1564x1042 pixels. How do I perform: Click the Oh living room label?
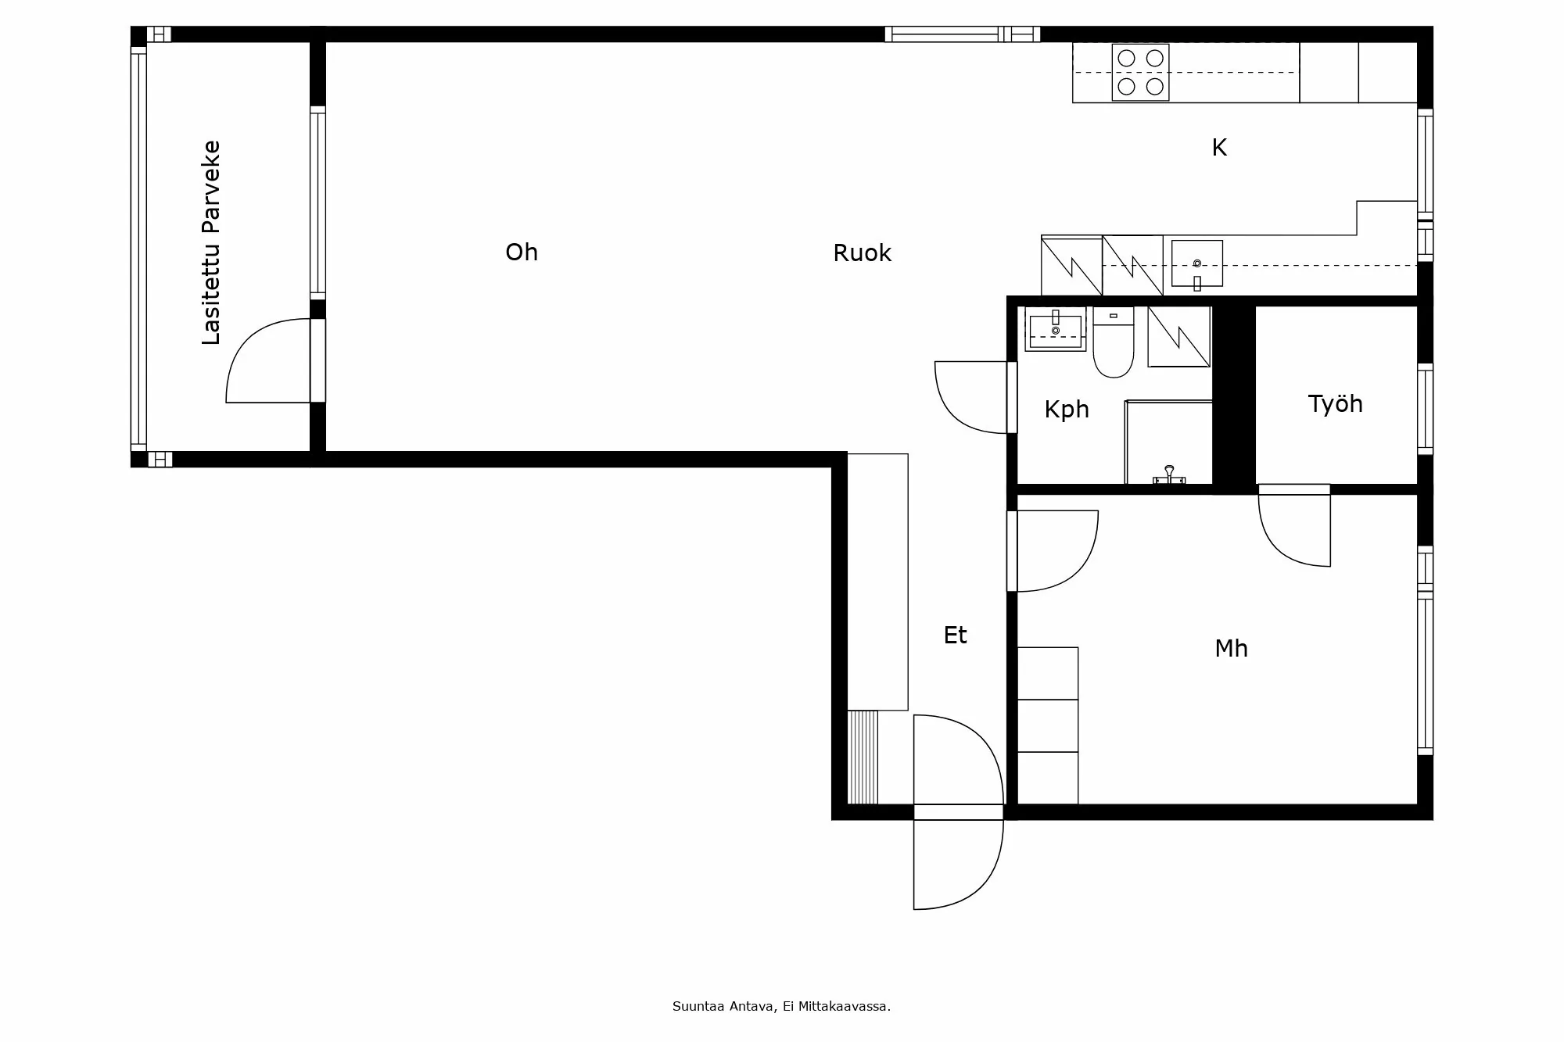(522, 252)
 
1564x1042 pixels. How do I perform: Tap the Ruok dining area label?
(862, 253)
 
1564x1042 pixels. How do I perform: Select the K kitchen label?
(1219, 148)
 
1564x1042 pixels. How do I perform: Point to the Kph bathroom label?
(1067, 410)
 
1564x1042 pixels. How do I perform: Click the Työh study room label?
(1335, 404)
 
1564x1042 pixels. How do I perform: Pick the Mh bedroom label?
(1231, 649)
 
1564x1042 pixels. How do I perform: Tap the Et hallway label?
(955, 636)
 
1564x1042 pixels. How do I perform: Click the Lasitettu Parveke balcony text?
(211, 242)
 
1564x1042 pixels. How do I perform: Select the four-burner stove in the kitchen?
(1140, 72)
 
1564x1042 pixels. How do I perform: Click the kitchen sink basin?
(1196, 263)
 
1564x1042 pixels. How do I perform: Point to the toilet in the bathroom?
(1113, 348)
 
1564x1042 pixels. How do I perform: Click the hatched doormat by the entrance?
(863, 757)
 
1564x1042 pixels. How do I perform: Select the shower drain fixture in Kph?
(1169, 474)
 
